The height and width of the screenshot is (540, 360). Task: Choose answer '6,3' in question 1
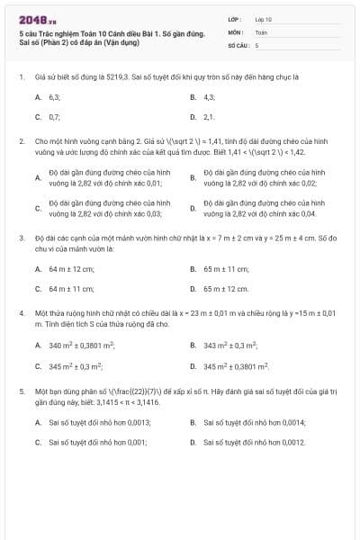pos(54,96)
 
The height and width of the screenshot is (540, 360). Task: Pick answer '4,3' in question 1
pos(209,96)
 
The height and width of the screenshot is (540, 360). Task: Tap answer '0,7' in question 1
pos(54,117)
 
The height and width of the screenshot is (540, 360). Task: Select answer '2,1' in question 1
pos(209,117)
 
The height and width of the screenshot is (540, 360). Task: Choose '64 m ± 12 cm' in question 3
pos(71,268)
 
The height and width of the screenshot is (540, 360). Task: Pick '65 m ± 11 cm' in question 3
pos(226,268)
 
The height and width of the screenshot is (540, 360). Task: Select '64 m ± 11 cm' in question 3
pos(71,289)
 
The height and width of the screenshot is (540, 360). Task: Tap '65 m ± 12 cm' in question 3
pos(226,289)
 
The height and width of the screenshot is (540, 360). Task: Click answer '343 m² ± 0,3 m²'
pos(230,345)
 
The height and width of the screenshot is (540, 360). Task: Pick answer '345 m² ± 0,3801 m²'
pos(237,366)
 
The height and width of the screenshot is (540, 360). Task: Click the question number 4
pos(21,313)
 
